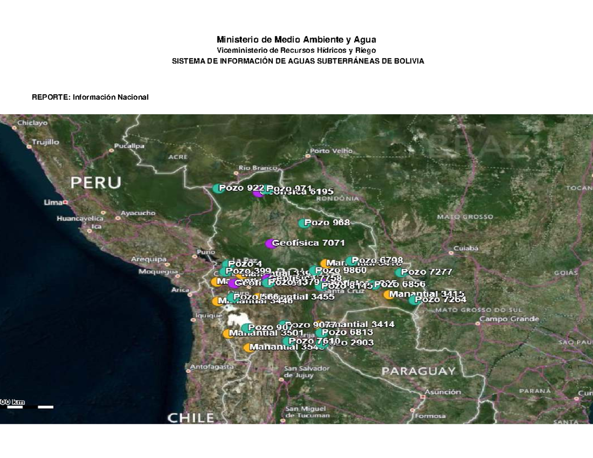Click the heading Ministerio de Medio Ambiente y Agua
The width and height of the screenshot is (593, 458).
tap(296, 40)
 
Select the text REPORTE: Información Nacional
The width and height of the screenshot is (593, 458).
tap(90, 97)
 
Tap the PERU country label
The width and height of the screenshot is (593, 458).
tap(95, 182)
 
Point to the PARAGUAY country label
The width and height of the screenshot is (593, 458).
tap(418, 371)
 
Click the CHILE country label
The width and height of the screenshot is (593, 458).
tap(190, 418)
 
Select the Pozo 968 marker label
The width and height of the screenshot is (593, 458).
tap(327, 222)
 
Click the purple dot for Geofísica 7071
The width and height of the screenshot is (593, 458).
tap(270, 243)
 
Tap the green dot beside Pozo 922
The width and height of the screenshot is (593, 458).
tap(217, 188)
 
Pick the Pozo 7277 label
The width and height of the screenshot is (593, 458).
tap(426, 272)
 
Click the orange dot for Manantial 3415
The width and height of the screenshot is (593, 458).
tap(388, 295)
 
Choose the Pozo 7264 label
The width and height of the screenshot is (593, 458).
tap(440, 299)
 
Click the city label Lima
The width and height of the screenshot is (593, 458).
tap(52, 202)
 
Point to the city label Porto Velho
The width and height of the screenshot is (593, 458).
tap(332, 150)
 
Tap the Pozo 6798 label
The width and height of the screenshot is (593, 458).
tap(378, 260)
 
